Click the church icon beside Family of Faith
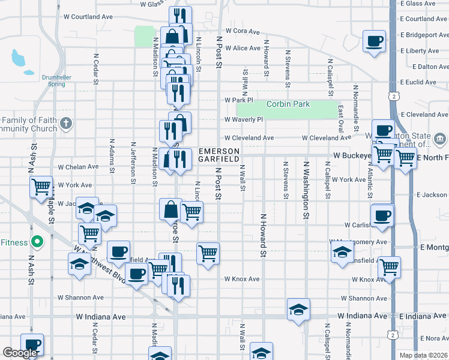pyautogui.click(x=66, y=124)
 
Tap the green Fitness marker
pyautogui.click(x=37, y=242)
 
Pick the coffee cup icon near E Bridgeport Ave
pyautogui.click(x=375, y=41)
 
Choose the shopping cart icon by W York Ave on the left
pyautogui.click(x=41, y=187)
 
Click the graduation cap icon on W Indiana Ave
pyautogui.click(x=298, y=310)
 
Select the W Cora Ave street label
pyautogui.click(x=243, y=31)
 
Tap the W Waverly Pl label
pyautogui.click(x=244, y=119)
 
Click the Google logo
pyautogui.click(x=20, y=353)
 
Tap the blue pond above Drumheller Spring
pyautogui.click(x=17, y=58)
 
